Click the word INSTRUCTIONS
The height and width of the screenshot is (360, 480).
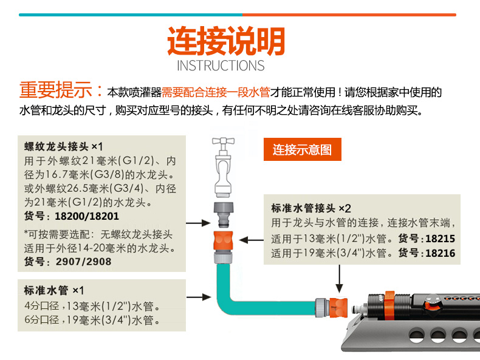pyautogui.click(x=221, y=66)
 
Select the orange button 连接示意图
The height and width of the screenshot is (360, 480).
pyautogui.click(x=302, y=149)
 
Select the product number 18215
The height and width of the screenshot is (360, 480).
pyautogui.click(x=441, y=239)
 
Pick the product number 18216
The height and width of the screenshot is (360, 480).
pyautogui.click(x=441, y=253)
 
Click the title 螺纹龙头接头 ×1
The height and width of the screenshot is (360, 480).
pyautogui.click(x=64, y=146)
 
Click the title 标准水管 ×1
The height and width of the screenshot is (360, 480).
pyautogui.click(x=54, y=290)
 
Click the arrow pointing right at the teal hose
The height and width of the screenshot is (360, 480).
pyautogui.click(x=195, y=297)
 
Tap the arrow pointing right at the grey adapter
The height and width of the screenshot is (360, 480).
pyautogui.click(x=196, y=223)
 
